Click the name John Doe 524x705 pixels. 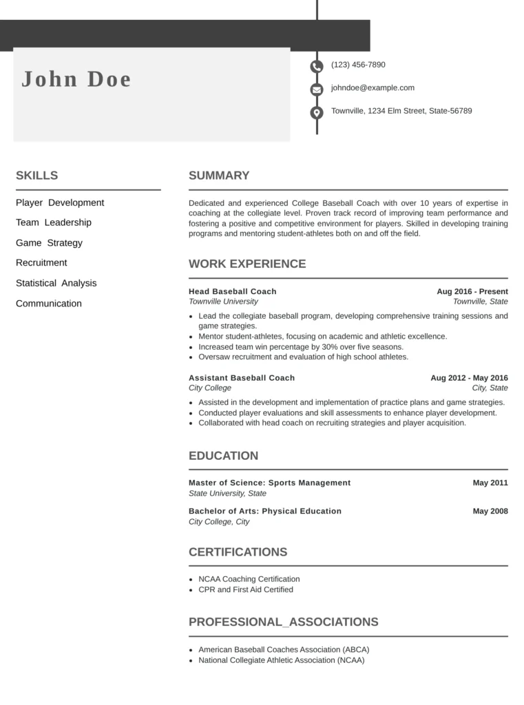pyautogui.click(x=76, y=79)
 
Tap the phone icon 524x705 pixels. pyautogui.click(x=316, y=66)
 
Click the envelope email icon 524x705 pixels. pyautogui.click(x=316, y=90)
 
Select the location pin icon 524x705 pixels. pyautogui.click(x=316, y=112)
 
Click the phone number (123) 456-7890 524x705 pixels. pyautogui.click(x=358, y=65)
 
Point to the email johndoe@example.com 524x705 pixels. pyautogui.click(x=373, y=87)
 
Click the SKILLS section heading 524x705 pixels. pyautogui.click(x=36, y=176)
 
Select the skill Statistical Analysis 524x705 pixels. pyautogui.click(x=56, y=283)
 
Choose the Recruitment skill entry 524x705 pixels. pyautogui.click(x=41, y=262)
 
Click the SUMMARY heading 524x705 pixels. pyautogui.click(x=219, y=176)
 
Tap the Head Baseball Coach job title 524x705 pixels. pyautogui.click(x=232, y=291)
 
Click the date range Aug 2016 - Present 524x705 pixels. pyautogui.click(x=472, y=291)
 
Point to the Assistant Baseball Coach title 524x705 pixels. pyautogui.click(x=242, y=377)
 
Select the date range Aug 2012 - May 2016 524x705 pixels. pyautogui.click(x=469, y=377)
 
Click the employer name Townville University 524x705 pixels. pyautogui.click(x=223, y=302)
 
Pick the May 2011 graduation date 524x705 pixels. pyautogui.click(x=490, y=483)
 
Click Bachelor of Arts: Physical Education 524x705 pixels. pyautogui.click(x=264, y=511)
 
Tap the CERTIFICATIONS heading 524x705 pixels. pyautogui.click(x=238, y=552)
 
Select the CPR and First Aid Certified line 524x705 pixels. pyautogui.click(x=245, y=589)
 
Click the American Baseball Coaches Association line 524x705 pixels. pyautogui.click(x=283, y=649)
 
